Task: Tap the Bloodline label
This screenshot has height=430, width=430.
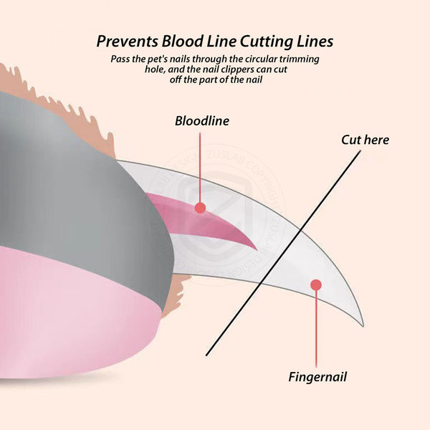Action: coord(202,120)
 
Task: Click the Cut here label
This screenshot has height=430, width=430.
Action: coord(365,139)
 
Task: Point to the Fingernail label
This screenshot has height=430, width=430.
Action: coord(317,376)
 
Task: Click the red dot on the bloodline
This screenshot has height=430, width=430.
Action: coord(201,208)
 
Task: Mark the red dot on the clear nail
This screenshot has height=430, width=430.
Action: coord(315,285)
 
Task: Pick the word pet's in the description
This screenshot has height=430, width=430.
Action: coord(163,59)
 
